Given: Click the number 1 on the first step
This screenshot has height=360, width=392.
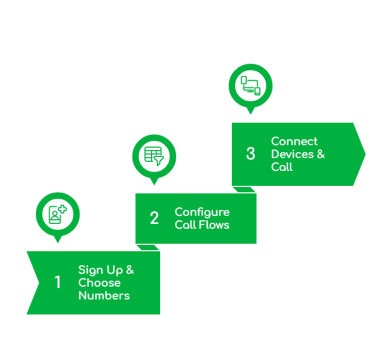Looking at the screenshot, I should (58, 282).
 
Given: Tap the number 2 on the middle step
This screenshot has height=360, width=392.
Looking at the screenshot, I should (154, 218).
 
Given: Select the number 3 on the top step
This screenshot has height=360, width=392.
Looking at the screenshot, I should (251, 154).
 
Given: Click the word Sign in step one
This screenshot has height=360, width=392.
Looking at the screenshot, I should (90, 270).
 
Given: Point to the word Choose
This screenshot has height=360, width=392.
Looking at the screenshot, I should (100, 283).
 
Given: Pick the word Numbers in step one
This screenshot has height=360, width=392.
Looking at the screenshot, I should (104, 296).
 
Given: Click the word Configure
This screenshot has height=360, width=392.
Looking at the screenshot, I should (202, 212).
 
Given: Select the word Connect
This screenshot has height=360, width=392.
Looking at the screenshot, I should (294, 141).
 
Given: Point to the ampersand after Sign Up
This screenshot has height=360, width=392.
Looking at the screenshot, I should (130, 270).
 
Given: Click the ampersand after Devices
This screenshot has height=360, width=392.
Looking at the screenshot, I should (320, 154).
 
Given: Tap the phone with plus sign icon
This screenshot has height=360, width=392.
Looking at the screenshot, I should (57, 214).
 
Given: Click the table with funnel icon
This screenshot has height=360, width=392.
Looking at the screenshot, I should (154, 155).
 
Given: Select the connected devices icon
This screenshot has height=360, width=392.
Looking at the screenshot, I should (250, 85).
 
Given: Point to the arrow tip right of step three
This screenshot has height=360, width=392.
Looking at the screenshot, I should (364, 154).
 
